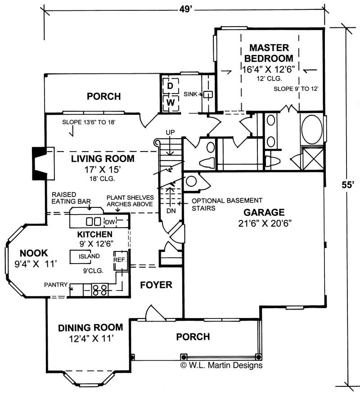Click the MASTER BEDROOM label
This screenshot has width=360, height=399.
click(x=271, y=53)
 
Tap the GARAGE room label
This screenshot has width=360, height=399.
click(x=264, y=212)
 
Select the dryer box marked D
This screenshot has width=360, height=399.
click(x=171, y=85)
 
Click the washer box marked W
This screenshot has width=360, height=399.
click(x=171, y=102)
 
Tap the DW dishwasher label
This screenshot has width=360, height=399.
click(x=110, y=221)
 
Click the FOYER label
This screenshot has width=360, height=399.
click(x=156, y=285)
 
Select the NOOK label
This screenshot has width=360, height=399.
click(x=31, y=253)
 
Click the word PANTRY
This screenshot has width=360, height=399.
click(x=56, y=284)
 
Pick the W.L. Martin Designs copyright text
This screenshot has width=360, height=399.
click(x=221, y=365)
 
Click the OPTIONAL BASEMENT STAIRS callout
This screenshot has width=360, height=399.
click(x=220, y=204)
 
